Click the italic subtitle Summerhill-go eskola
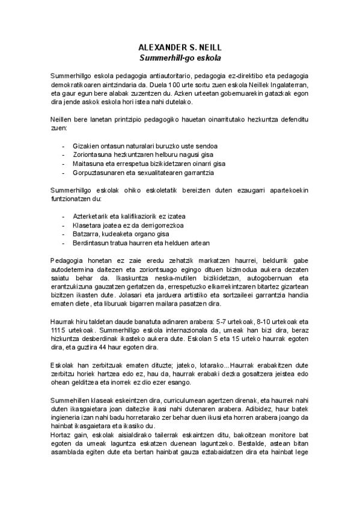(x=180, y=58)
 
